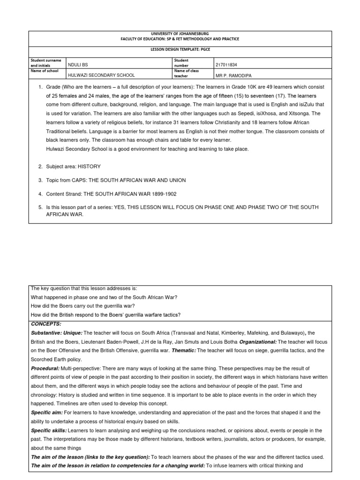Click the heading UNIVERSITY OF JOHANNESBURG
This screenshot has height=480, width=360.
click(180, 34)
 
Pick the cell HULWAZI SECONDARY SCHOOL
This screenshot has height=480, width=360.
click(101, 75)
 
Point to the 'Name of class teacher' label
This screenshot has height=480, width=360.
click(187, 73)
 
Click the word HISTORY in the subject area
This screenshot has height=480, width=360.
click(89, 166)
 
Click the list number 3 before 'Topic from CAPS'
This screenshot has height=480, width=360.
click(40, 180)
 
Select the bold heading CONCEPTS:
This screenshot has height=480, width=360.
click(46, 324)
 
